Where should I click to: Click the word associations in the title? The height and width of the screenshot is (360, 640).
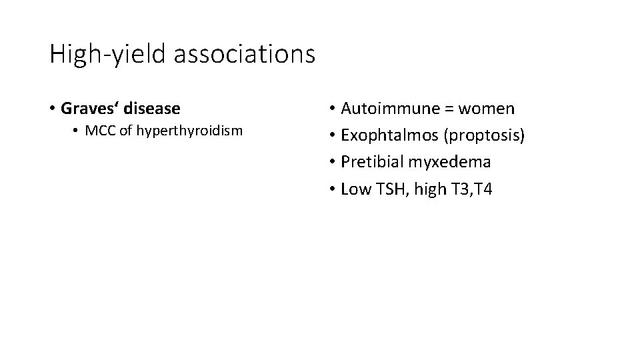[x=244, y=53]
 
